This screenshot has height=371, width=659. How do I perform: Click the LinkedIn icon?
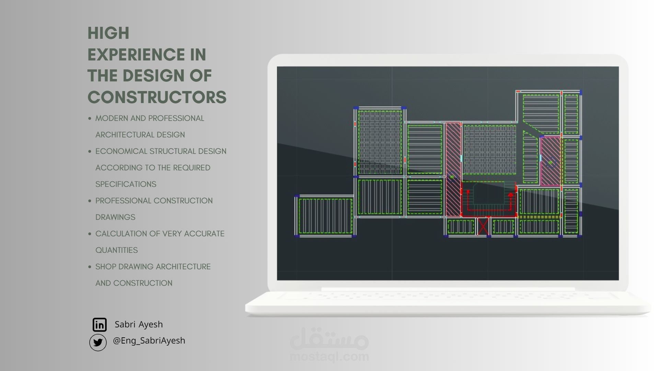pos(100,325)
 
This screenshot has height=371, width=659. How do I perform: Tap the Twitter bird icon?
pos(98,342)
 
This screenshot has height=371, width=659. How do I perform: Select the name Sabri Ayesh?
pos(139,324)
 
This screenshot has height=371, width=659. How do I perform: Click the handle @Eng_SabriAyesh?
pos(149,340)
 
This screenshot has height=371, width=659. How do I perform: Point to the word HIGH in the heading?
pos(108,33)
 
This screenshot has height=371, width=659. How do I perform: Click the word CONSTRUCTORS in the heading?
pos(157,97)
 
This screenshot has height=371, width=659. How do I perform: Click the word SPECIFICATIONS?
pos(126,184)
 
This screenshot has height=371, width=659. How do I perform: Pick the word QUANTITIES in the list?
pos(116,250)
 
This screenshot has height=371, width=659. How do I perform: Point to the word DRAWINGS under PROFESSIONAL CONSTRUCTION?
pos(115,217)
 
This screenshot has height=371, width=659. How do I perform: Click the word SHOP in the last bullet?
pos(106,267)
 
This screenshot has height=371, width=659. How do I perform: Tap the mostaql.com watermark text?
pos(329,357)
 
